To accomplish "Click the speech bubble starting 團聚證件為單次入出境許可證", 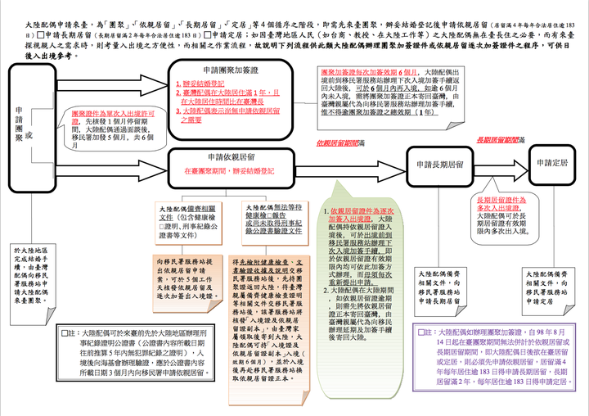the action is click(x=112, y=125).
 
